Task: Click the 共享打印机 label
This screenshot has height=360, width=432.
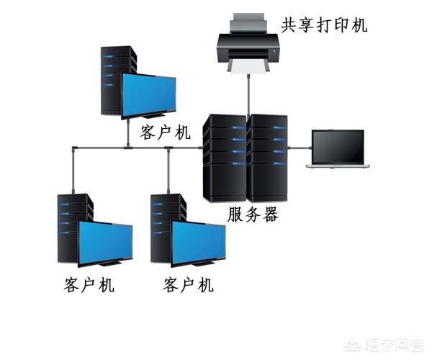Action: (x=324, y=25)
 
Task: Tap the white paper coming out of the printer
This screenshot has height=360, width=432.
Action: (x=248, y=67)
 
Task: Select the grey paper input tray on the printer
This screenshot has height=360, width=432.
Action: (x=248, y=22)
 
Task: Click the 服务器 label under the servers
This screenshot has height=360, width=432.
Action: (x=253, y=215)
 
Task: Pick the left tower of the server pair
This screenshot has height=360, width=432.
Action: (x=225, y=158)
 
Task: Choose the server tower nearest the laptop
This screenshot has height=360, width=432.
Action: (x=267, y=158)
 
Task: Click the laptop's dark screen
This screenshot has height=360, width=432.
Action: (x=338, y=147)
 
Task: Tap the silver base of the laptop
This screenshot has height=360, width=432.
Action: (x=338, y=166)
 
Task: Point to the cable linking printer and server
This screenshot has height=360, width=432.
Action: (x=248, y=94)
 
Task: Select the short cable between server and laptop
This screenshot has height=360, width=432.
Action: (x=300, y=148)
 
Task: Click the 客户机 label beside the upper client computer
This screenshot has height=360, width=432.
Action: (x=165, y=132)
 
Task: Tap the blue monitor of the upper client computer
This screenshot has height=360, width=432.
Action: (x=149, y=95)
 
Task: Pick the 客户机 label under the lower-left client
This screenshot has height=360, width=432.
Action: (x=89, y=284)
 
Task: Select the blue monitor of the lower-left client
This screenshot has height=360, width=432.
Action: (x=106, y=243)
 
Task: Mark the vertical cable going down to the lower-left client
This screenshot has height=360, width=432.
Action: (x=73, y=171)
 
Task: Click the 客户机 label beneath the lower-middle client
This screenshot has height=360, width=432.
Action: (x=188, y=284)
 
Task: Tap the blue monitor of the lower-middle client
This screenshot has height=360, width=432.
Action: (x=199, y=243)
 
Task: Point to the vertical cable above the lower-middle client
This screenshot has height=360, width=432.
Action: (x=168, y=171)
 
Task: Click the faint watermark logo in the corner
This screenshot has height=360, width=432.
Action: (x=384, y=346)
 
